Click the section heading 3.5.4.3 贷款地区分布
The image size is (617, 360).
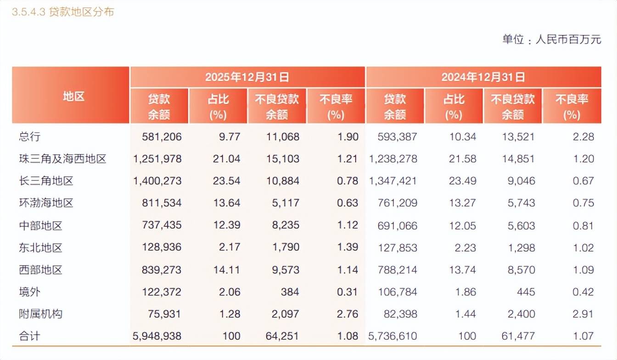63,12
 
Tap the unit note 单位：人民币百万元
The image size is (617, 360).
551,39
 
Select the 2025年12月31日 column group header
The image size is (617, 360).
247,77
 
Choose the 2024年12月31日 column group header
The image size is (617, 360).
483,77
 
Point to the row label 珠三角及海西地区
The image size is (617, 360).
62,159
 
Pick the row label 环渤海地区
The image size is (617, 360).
46,203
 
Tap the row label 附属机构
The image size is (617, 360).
40,314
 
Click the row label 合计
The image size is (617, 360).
29,336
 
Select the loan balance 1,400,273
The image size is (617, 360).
157,181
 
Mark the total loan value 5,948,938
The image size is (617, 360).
157,336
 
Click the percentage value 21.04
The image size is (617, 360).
226,159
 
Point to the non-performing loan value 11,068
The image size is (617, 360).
283,137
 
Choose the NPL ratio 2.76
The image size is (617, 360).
347,314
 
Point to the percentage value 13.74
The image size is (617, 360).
462,270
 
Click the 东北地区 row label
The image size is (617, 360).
40,248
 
